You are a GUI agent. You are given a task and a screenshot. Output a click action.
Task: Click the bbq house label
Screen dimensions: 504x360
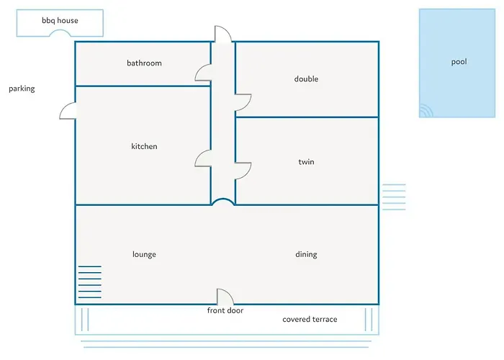click(x=60, y=21)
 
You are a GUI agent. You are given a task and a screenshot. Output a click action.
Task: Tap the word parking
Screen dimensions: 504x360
click(x=22, y=89)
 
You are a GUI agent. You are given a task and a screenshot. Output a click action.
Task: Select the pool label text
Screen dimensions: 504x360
click(x=459, y=62)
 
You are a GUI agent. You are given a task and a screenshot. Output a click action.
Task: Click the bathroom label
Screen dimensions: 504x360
click(x=144, y=63)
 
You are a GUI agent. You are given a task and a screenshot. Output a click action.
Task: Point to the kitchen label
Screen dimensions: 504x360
click(x=144, y=146)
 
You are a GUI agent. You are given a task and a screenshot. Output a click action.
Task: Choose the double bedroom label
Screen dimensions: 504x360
click(x=306, y=78)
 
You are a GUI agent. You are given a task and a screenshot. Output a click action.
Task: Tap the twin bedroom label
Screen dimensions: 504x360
click(x=306, y=162)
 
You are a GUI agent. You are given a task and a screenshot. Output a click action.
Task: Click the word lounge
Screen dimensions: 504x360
click(x=144, y=254)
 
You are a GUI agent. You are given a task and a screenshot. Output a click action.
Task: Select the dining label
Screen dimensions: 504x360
click(x=306, y=254)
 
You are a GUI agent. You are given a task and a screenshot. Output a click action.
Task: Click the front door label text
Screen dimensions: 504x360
click(x=225, y=310)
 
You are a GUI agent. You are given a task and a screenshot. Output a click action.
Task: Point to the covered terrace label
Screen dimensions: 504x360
click(x=310, y=319)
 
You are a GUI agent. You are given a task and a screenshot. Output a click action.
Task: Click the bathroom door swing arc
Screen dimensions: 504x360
click(x=197, y=71)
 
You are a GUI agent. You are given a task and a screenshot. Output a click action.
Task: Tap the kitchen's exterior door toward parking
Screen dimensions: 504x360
click(x=62, y=110)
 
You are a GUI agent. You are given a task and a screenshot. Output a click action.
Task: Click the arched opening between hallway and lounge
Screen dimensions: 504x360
click(x=223, y=199)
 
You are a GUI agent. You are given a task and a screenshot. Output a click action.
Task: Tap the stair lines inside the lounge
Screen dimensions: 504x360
click(x=90, y=282)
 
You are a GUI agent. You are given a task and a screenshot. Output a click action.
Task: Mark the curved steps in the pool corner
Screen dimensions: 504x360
click(x=426, y=111)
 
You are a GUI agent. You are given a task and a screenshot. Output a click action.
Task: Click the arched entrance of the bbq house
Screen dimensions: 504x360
click(x=60, y=30)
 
